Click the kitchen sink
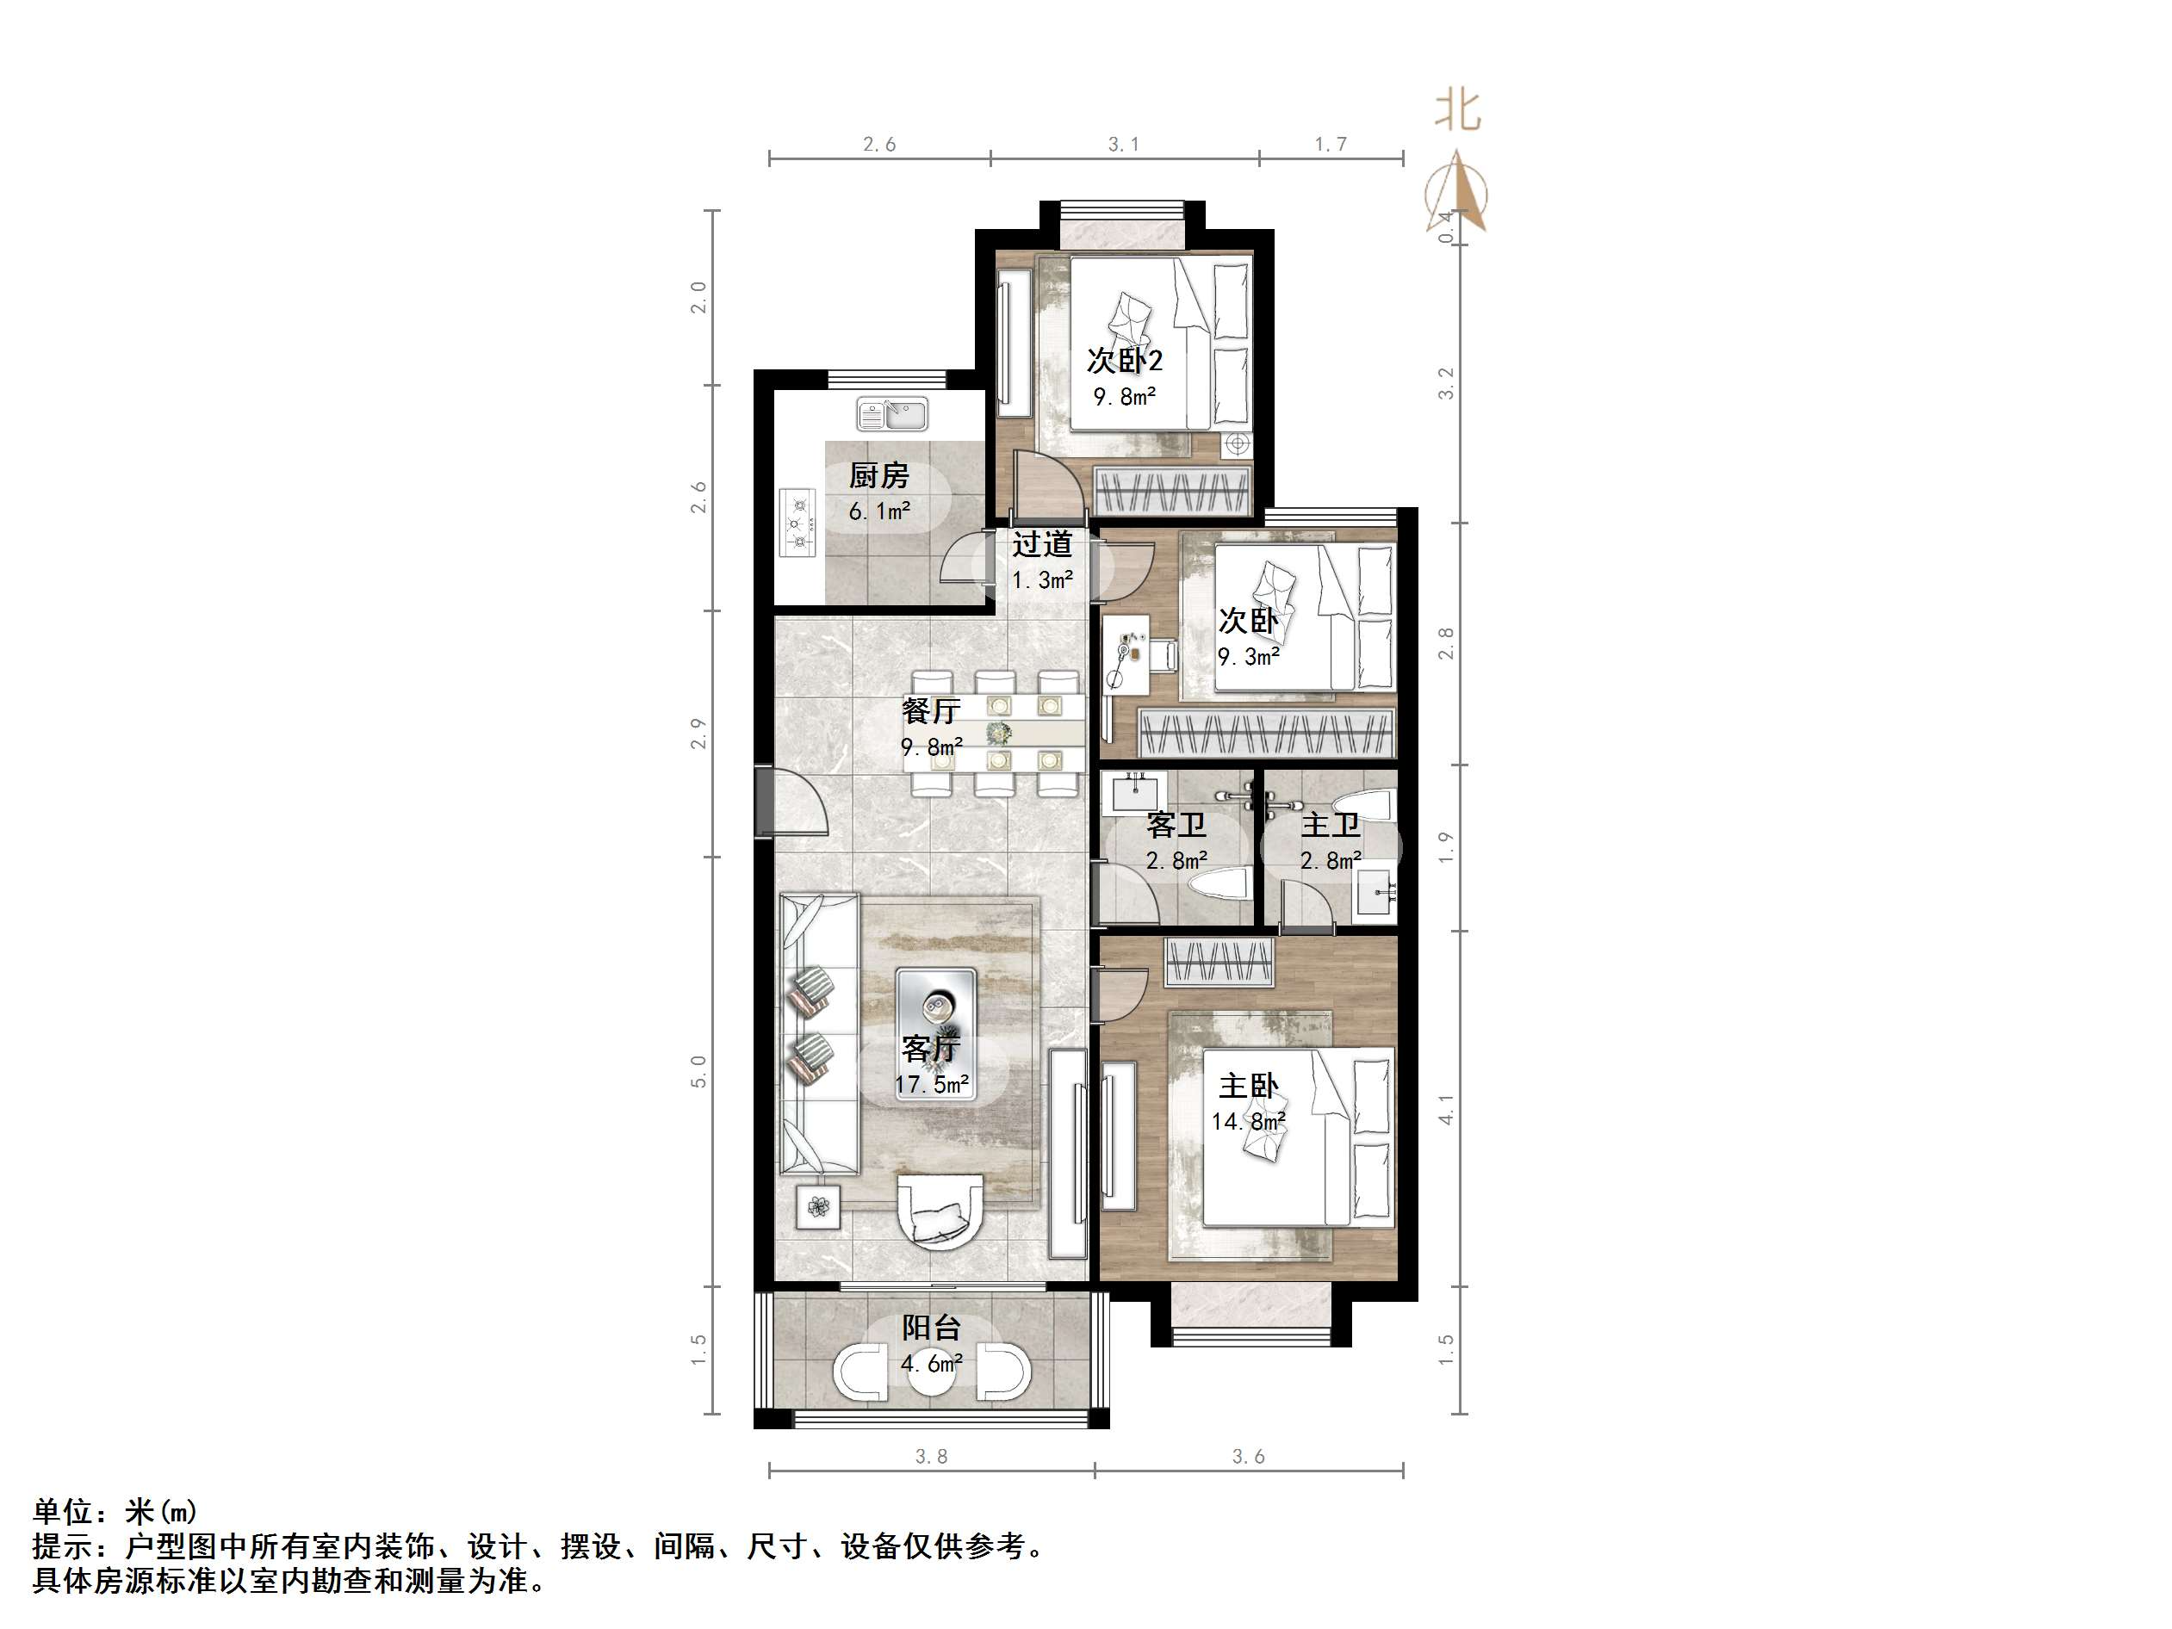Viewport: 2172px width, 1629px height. click(891, 413)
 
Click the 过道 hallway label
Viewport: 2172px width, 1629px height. click(1042, 544)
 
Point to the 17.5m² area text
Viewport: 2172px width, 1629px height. click(932, 1085)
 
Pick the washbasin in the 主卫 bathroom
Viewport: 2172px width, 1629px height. click(1375, 893)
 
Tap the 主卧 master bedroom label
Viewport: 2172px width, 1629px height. click(1248, 1086)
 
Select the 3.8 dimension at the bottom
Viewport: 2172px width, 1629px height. click(931, 1457)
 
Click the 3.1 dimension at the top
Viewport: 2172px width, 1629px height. click(1123, 145)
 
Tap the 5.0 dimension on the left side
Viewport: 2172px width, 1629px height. click(698, 1071)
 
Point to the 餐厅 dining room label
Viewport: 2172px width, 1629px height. click(931, 710)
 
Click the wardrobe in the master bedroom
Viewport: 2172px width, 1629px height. click(1219, 963)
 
